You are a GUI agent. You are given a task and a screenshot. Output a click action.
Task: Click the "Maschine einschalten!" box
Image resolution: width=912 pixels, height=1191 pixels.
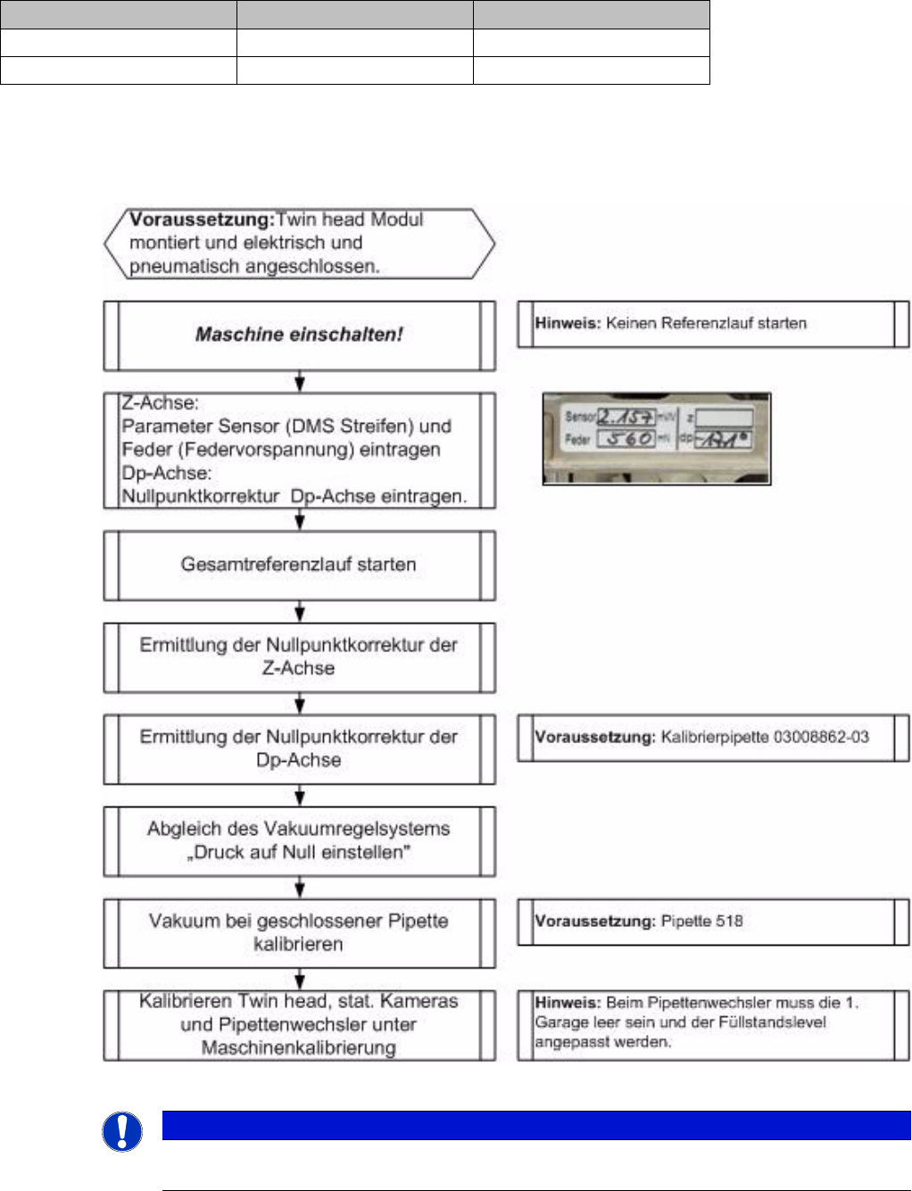(x=299, y=335)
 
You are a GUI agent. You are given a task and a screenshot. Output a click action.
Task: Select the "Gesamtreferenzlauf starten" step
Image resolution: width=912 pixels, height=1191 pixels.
(x=299, y=565)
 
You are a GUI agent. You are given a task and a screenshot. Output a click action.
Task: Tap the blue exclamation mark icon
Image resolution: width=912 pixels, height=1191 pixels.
(x=122, y=1131)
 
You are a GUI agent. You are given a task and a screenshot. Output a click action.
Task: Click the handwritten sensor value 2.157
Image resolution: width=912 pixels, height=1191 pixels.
(x=626, y=416)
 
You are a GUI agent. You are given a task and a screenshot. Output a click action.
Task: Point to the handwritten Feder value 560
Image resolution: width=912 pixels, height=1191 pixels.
(x=627, y=439)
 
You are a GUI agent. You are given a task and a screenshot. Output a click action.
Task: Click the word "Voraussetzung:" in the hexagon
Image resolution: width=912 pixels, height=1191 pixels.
(x=202, y=219)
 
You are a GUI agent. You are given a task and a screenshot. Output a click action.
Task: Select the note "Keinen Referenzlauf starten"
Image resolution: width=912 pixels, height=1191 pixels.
(x=705, y=324)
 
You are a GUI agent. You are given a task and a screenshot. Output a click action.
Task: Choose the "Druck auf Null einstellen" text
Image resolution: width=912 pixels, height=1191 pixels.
(x=299, y=852)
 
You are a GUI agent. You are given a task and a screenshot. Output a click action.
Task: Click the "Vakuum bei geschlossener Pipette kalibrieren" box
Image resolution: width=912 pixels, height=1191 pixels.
(x=299, y=932)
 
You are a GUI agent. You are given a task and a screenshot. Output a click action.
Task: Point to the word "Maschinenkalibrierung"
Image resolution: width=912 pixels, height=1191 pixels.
(x=299, y=1047)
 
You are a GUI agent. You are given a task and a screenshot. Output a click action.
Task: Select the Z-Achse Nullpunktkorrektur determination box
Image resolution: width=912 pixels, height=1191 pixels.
(x=299, y=657)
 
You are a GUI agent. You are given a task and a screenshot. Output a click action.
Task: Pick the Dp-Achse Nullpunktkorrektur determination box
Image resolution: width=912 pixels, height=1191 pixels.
(x=299, y=749)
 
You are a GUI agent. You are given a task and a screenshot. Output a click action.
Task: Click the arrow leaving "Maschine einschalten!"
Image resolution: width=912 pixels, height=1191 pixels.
(x=300, y=381)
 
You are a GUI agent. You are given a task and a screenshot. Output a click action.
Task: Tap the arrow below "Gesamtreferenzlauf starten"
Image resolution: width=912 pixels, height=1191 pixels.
(x=300, y=611)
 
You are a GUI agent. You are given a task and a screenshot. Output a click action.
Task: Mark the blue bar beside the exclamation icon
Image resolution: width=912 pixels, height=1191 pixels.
(x=535, y=1125)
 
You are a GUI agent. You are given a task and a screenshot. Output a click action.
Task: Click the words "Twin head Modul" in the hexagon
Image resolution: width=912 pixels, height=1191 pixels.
(x=350, y=219)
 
